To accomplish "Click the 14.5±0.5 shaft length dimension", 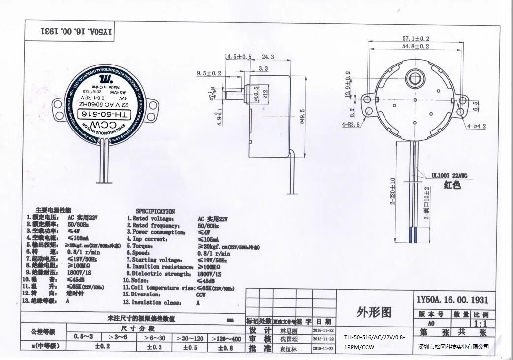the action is pyautogui.click(x=238, y=57).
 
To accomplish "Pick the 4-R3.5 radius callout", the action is pyautogui.click(x=351, y=125).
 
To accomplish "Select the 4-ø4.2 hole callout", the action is pyautogui.click(x=476, y=126).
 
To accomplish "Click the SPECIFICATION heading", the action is pyautogui.click(x=155, y=211).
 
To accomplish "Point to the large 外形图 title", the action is pyautogui.click(x=373, y=312).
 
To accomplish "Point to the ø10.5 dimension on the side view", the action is pyautogui.click(x=256, y=91).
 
